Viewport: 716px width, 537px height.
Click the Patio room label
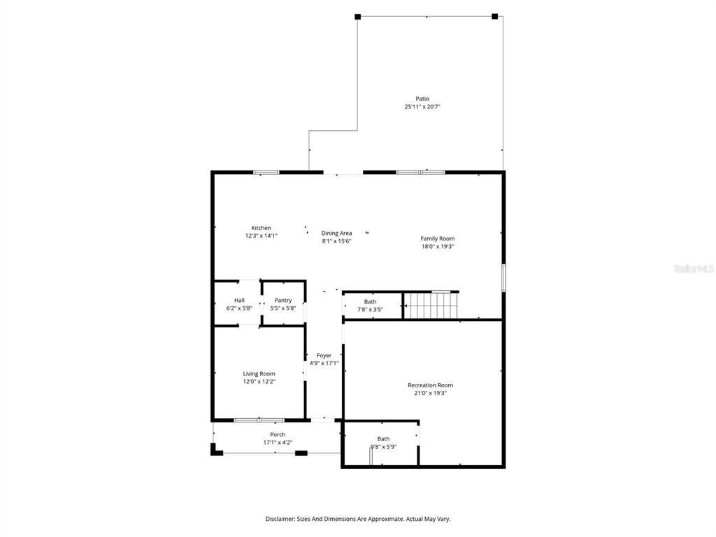[422, 99]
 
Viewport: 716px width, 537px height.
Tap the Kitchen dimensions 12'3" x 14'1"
[262, 236]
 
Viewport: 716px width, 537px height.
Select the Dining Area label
[336, 234]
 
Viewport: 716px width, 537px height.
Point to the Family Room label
[438, 238]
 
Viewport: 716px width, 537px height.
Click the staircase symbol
[431, 305]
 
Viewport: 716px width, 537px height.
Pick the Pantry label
[283, 301]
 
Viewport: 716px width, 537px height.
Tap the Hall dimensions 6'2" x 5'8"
[239, 308]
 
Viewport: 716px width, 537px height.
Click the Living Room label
[259, 374]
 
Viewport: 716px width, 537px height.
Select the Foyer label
[324, 356]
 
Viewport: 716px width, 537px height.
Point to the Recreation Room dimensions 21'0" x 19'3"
[430, 393]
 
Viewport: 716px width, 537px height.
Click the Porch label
[278, 435]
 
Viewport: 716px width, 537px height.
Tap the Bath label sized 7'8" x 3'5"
[371, 302]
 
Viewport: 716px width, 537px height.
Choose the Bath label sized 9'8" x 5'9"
[384, 439]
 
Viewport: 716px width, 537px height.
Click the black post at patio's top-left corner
[357, 17]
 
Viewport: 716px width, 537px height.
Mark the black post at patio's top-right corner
[494, 17]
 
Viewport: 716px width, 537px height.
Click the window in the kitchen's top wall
[266, 173]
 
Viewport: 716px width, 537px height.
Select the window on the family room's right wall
[503, 278]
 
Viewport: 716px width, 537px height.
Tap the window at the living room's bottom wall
[259, 420]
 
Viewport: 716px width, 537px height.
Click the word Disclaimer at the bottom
[280, 520]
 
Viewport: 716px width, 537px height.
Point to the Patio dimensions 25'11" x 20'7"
[422, 107]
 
